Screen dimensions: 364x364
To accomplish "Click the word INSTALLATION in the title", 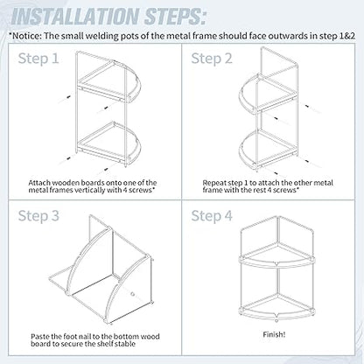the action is click(x=74, y=17).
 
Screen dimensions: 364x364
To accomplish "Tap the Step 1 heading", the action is click(x=38, y=59).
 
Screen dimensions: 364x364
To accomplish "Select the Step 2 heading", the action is click(x=212, y=59).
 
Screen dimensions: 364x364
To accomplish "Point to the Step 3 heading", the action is click(x=38, y=216).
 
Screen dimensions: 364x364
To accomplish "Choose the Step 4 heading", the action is click(x=212, y=216).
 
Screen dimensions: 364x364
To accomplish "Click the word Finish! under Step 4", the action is click(x=274, y=334).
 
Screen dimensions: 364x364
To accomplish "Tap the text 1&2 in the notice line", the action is click(x=347, y=36).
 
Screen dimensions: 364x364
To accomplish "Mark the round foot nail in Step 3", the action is click(x=133, y=294).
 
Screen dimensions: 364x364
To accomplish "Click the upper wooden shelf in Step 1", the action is click(x=112, y=81).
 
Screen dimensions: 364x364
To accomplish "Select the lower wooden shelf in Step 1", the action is click(x=112, y=143).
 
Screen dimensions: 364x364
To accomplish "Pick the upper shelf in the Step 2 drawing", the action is click(x=267, y=94).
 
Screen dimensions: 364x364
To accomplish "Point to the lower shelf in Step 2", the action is click(x=267, y=151).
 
